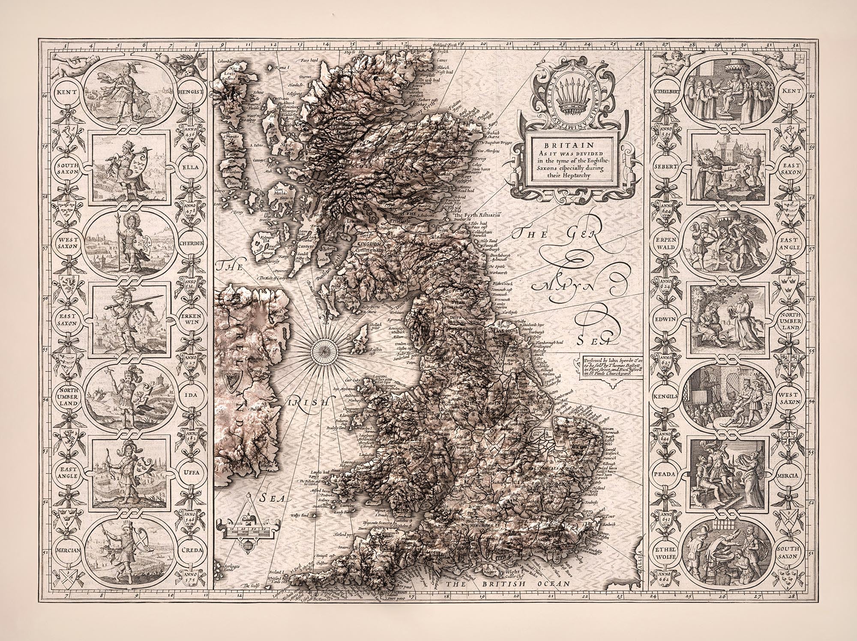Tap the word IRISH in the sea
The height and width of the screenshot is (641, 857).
306,403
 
